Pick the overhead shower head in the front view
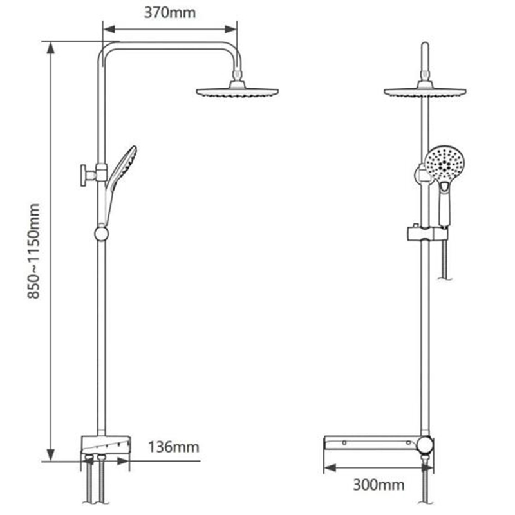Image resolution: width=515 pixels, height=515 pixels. [425, 91]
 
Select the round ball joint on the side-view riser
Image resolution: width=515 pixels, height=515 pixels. [102, 233]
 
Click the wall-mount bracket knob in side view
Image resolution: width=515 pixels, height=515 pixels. [85, 174]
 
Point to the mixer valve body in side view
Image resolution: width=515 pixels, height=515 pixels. [105, 445]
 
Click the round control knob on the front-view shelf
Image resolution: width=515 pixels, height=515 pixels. [425, 445]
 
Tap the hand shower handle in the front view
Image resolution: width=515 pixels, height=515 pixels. [445, 202]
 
